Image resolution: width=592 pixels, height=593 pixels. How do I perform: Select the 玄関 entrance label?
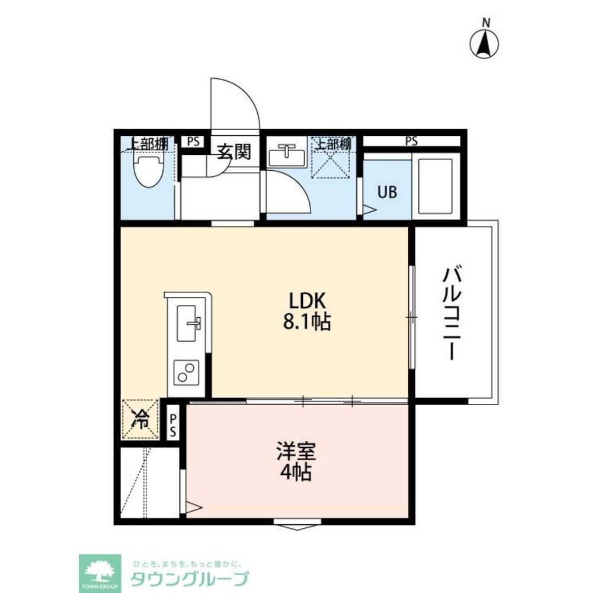233,152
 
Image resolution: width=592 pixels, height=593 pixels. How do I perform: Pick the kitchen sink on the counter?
189,323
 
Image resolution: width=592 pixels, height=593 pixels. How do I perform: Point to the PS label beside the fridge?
173,426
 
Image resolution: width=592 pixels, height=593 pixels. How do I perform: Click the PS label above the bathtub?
411,141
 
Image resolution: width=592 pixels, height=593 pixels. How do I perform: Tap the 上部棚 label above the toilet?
148,144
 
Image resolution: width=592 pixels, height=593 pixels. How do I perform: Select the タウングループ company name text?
189,578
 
